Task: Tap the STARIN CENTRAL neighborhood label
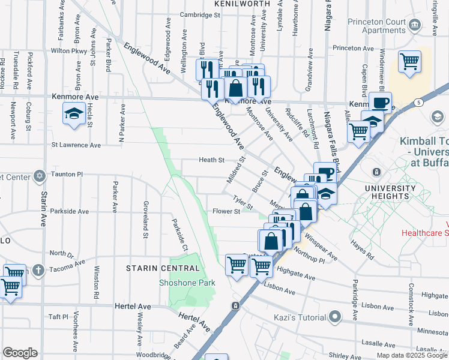click(162, 268)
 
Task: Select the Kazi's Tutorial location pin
click(335, 316)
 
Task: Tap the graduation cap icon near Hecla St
click(73, 113)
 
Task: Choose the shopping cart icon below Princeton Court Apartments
click(409, 61)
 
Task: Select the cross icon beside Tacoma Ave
click(38, 269)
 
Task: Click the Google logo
click(20, 353)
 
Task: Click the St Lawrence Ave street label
click(76, 145)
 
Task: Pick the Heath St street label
click(211, 160)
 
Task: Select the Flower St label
click(226, 211)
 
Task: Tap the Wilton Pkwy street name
click(69, 51)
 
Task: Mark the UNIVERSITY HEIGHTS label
click(391, 192)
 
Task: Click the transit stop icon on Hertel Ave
click(236, 306)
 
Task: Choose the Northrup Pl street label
click(310, 257)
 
